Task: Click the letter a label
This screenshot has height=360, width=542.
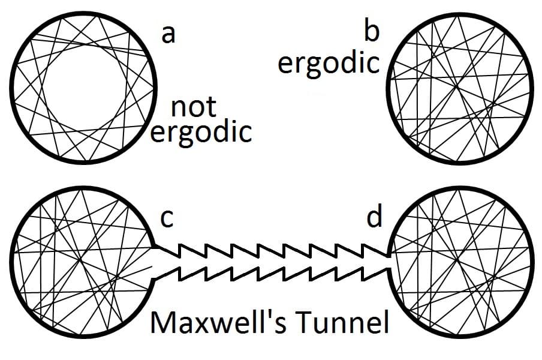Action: tap(168, 35)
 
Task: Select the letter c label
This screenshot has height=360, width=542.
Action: tap(167, 219)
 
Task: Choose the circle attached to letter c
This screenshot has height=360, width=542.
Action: tap(82, 262)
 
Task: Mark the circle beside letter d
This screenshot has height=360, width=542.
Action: tap(460, 261)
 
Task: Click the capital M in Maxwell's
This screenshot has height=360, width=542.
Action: tap(162, 322)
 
